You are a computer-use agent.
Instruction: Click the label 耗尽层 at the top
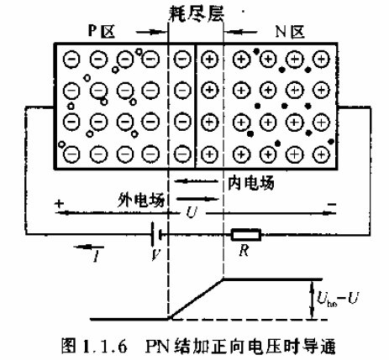tap(197, 13)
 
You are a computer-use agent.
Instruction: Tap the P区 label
tap(102, 31)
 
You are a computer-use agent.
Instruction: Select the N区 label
tap(290, 31)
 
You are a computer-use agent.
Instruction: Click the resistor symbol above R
tap(246, 235)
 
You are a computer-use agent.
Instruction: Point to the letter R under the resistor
tap(244, 250)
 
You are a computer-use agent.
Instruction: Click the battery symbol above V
tap(156, 235)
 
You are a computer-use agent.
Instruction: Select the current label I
tap(96, 256)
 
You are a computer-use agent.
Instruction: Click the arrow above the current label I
tap(88, 247)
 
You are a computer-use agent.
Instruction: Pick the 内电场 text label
tap(250, 183)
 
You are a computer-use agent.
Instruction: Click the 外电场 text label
tap(141, 200)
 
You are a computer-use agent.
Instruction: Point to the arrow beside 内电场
tap(196, 181)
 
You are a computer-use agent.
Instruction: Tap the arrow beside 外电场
tap(197, 199)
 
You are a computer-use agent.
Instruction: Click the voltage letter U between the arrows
tap(192, 212)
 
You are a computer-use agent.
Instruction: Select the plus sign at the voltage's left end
tap(60, 203)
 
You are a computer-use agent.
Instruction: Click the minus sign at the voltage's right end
tap(332, 205)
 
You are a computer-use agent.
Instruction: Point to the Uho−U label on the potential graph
tap(338, 299)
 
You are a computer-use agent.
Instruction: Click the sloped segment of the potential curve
tap(196, 298)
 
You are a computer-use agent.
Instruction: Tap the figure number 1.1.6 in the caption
tap(105, 347)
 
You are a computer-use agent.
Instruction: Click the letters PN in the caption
tap(158, 347)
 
